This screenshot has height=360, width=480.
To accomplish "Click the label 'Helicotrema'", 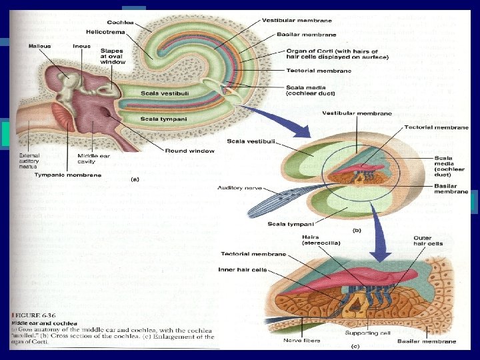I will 104,32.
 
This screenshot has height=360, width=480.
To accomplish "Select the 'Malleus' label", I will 40,46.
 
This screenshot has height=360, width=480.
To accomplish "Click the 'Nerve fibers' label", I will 303,341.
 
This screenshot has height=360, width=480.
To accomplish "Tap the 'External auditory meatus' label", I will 31,162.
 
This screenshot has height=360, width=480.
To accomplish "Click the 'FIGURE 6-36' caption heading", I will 29,313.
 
